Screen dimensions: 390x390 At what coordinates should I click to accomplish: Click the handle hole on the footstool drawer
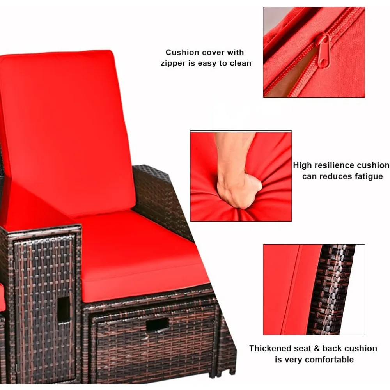coord(158,324)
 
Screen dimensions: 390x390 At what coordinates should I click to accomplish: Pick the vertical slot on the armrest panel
coord(64,309)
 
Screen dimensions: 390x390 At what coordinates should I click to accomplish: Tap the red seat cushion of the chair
coord(140,253)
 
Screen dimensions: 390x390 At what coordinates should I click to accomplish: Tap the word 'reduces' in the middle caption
coord(336,176)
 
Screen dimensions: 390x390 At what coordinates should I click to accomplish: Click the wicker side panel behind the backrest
coord(156,195)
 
